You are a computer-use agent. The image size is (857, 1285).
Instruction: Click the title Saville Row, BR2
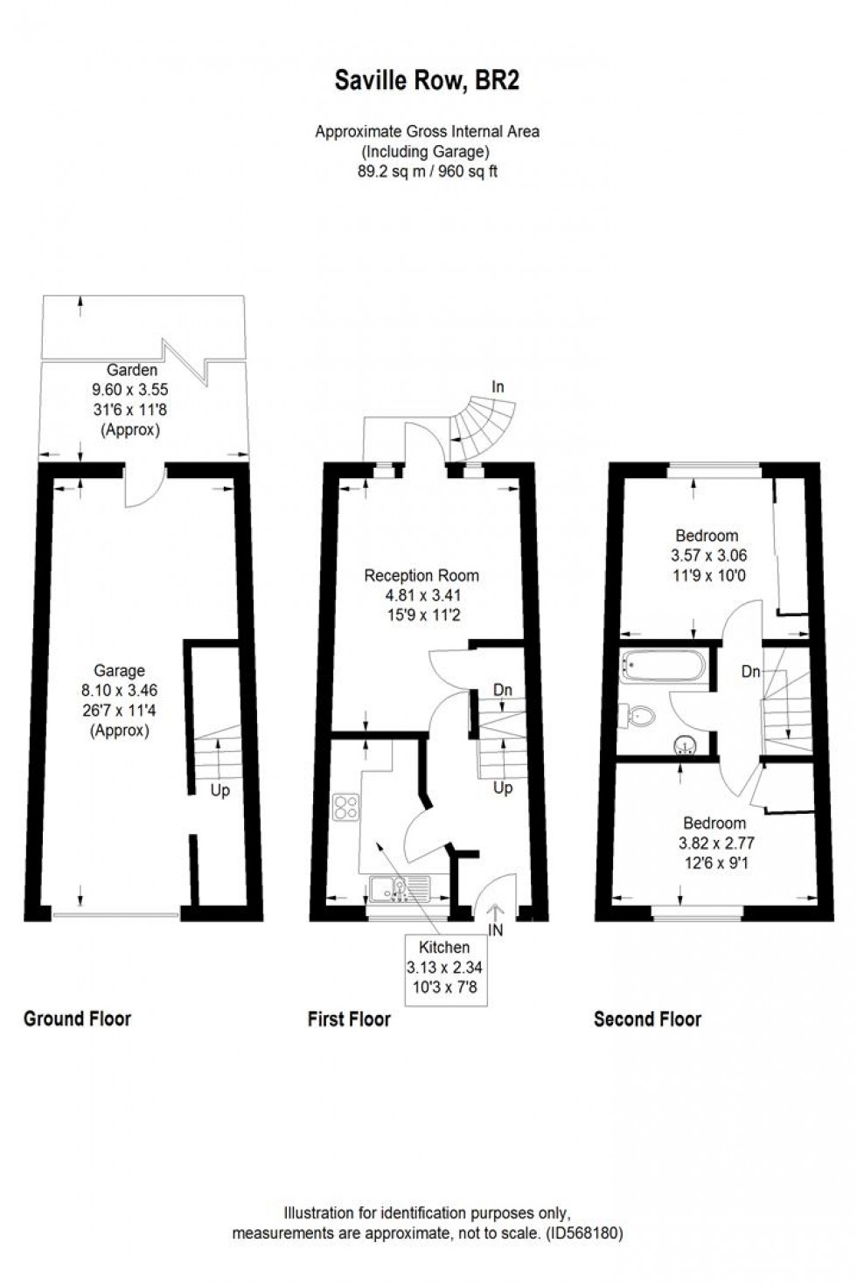click(x=427, y=81)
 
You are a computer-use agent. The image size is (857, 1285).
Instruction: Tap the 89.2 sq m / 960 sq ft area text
click(x=427, y=171)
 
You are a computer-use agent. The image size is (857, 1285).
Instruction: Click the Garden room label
click(x=131, y=370)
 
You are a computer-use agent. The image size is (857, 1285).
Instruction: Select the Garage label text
click(x=119, y=670)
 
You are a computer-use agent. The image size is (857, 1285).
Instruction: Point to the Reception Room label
click(x=422, y=575)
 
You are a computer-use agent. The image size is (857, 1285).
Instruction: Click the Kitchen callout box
click(x=444, y=969)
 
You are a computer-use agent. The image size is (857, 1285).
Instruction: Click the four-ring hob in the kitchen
click(x=345, y=807)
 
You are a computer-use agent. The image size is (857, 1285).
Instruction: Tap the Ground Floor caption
click(x=77, y=1018)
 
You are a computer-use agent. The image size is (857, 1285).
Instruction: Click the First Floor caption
click(x=349, y=1018)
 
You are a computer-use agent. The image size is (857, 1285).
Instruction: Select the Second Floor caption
click(x=647, y=1018)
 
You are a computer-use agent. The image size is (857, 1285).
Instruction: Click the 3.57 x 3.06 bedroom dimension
click(x=708, y=555)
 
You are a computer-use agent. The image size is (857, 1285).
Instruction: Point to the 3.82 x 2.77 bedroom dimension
click(x=715, y=844)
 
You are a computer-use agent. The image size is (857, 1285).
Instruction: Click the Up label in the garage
click(x=219, y=790)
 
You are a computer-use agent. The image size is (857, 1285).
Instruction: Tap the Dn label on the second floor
click(x=750, y=671)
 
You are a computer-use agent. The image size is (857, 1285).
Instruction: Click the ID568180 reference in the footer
click(x=584, y=1233)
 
